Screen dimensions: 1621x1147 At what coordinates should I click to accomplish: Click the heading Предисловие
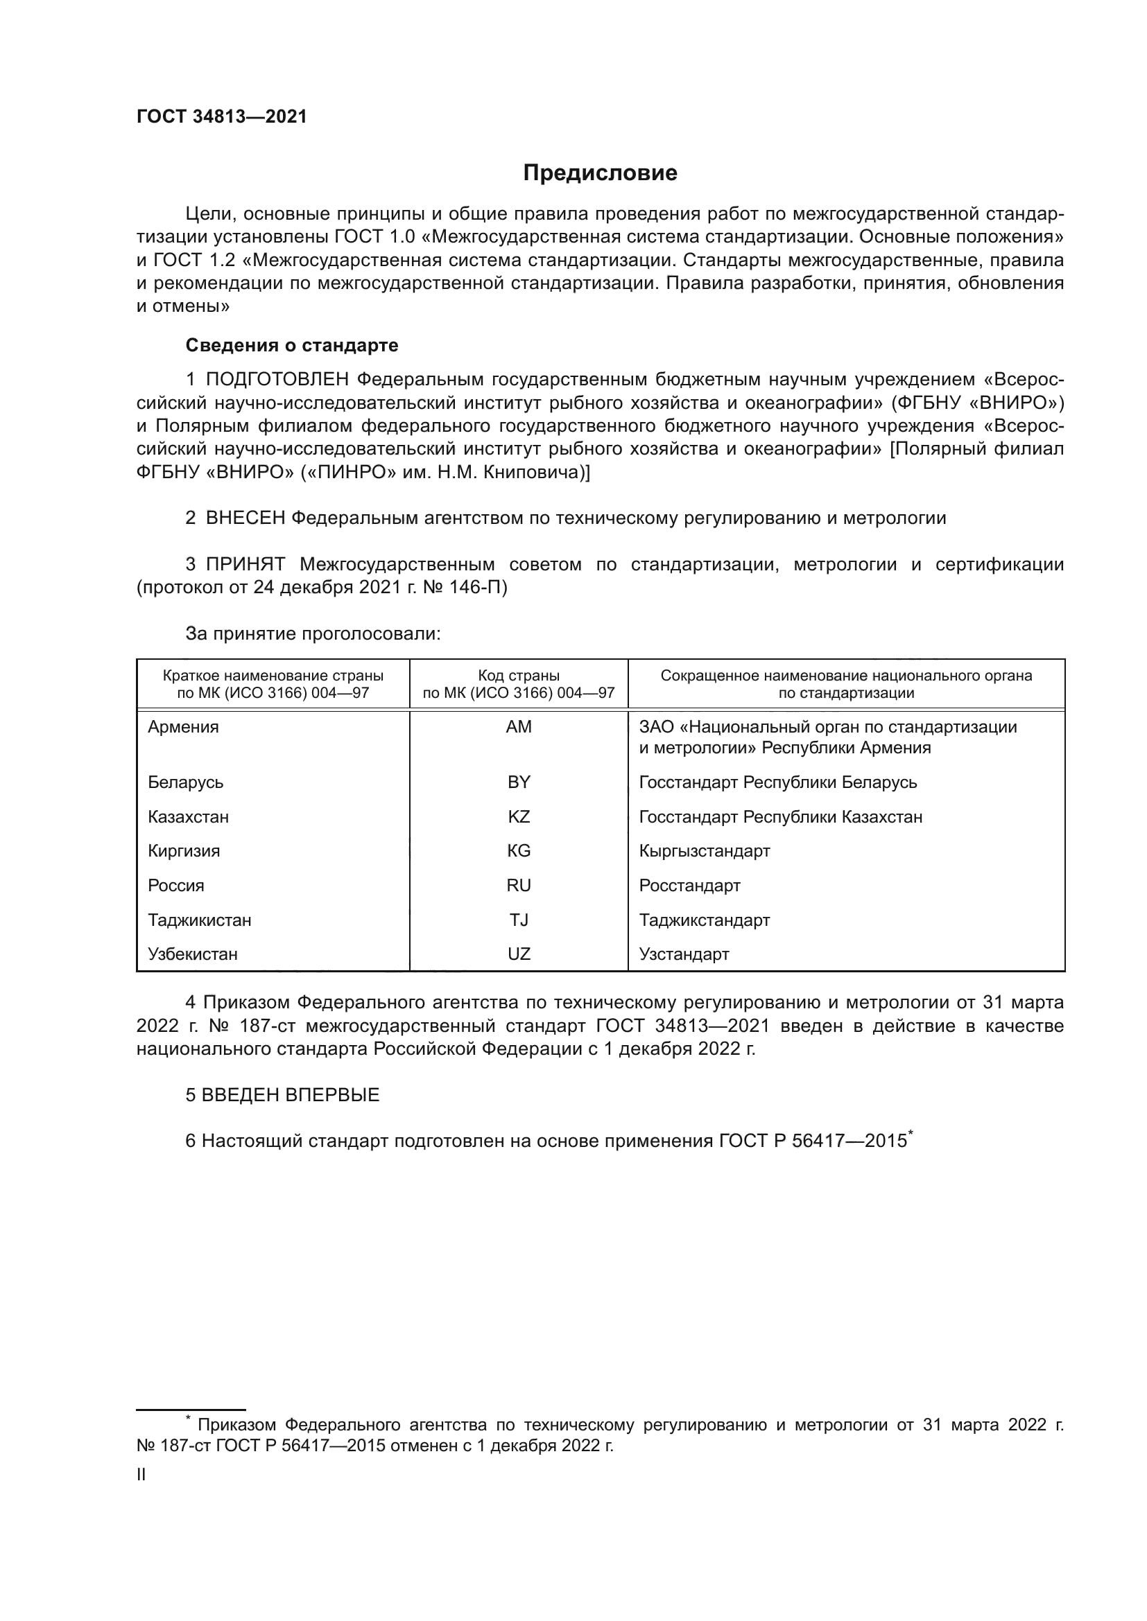coord(600,173)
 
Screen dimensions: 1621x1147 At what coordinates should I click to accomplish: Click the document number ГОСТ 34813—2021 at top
coord(222,117)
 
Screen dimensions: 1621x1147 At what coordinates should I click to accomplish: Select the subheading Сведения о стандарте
coord(292,345)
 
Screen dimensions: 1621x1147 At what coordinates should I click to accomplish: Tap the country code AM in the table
coord(519,727)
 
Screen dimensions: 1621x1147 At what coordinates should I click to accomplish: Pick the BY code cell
coord(519,782)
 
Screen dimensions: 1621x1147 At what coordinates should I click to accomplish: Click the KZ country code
coord(519,817)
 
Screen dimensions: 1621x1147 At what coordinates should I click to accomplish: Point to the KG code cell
coord(519,851)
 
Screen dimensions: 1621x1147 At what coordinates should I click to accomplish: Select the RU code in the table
coord(519,885)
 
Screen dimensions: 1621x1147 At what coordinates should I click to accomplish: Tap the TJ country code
coord(519,920)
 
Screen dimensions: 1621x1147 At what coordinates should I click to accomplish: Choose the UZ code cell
coord(519,954)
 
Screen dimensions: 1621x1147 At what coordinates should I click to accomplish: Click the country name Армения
coord(184,727)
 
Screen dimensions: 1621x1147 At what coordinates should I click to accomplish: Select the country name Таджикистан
coord(200,920)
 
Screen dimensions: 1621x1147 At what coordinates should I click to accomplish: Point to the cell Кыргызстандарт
coord(704,851)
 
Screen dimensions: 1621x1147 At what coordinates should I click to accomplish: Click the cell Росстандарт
coord(689,885)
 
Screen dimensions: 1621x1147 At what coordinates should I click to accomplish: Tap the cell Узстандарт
coord(684,954)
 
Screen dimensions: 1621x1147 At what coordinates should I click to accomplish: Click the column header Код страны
coord(519,676)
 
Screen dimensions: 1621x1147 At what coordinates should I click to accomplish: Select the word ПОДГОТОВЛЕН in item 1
coord(277,380)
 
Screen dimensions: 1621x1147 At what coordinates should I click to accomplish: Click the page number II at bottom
coord(141,1475)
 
